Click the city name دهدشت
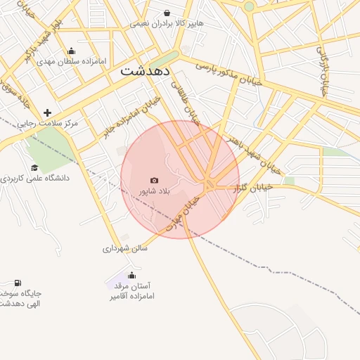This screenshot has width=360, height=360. click(x=146, y=70)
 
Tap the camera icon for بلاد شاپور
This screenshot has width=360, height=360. click(x=155, y=181)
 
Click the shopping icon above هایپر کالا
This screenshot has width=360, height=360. click(x=167, y=13)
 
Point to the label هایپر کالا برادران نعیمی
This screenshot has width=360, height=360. click(x=167, y=23)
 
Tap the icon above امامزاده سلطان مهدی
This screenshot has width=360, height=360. click(x=71, y=51)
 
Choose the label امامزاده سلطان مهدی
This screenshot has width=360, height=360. click(x=72, y=61)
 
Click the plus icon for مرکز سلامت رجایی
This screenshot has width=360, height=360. click(x=47, y=112)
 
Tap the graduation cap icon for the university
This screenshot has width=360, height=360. click(x=34, y=167)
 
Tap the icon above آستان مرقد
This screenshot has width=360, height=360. click(x=131, y=275)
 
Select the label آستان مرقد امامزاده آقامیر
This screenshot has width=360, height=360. click(x=131, y=291)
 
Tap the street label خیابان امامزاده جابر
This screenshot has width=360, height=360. click(x=132, y=117)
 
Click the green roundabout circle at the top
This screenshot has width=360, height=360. click(x=249, y=6)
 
